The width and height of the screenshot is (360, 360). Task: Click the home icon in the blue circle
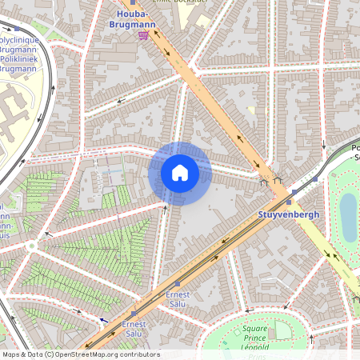(180, 173)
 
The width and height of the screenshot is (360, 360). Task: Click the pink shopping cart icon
(143, 34)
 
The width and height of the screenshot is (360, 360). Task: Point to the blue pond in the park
(348, 215)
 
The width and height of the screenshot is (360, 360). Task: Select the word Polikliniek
(22, 59)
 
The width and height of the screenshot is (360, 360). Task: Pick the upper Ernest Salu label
(178, 299)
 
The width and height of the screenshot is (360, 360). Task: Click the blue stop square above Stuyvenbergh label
(294, 192)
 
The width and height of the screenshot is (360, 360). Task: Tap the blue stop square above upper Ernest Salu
(178, 283)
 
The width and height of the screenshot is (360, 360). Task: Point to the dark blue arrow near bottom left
(103, 320)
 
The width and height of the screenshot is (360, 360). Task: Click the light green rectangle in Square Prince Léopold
(281, 329)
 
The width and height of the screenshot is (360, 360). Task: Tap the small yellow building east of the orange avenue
(251, 111)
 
